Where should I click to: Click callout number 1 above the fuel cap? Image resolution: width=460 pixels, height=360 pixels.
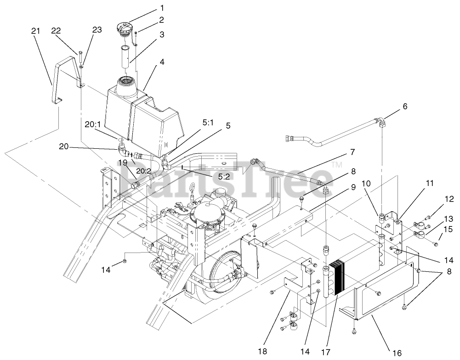pos(148,8)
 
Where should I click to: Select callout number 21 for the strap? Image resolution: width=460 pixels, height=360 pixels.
pos(35,31)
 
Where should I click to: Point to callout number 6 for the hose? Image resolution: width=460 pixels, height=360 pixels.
pos(404,107)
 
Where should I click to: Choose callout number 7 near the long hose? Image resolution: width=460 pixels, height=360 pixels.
pos(352,151)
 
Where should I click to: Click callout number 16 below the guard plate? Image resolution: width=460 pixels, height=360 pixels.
pos(398,353)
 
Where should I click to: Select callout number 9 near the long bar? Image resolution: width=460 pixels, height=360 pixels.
pos(353,187)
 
